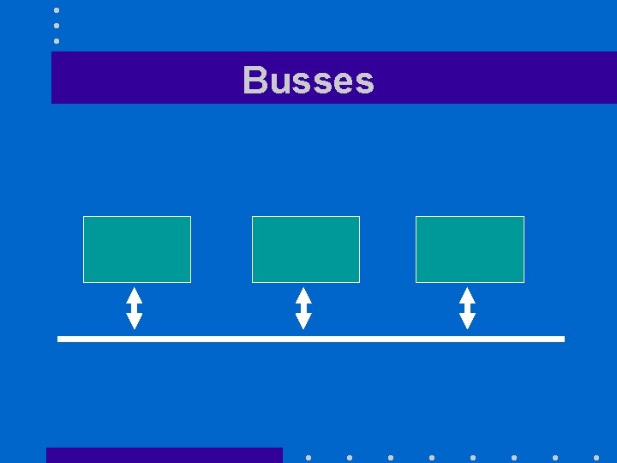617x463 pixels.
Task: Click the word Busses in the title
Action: tap(308, 81)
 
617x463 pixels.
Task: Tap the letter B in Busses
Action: tap(255, 81)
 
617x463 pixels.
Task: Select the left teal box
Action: tap(136, 249)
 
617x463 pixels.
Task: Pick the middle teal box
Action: tap(305, 249)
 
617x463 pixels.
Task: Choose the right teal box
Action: tap(470, 249)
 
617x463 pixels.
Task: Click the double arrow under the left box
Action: tap(135, 308)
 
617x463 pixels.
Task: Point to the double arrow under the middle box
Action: tap(303, 308)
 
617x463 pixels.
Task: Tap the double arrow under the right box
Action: tap(467, 308)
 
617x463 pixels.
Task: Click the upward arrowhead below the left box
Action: tap(135, 294)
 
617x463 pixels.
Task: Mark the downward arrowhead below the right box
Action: tap(467, 322)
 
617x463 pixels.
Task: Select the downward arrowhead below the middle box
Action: tap(303, 322)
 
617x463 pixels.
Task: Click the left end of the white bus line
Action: tap(61, 340)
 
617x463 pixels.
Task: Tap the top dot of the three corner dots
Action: tap(57, 10)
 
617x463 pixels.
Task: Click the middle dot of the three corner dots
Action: tap(57, 26)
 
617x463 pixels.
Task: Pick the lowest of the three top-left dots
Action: tap(57, 40)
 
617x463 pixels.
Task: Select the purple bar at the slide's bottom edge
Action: tap(164, 455)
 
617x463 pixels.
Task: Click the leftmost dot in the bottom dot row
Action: tap(308, 458)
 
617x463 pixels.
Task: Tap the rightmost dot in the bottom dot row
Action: tap(596, 458)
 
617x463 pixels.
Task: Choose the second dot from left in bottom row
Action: tap(350, 458)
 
